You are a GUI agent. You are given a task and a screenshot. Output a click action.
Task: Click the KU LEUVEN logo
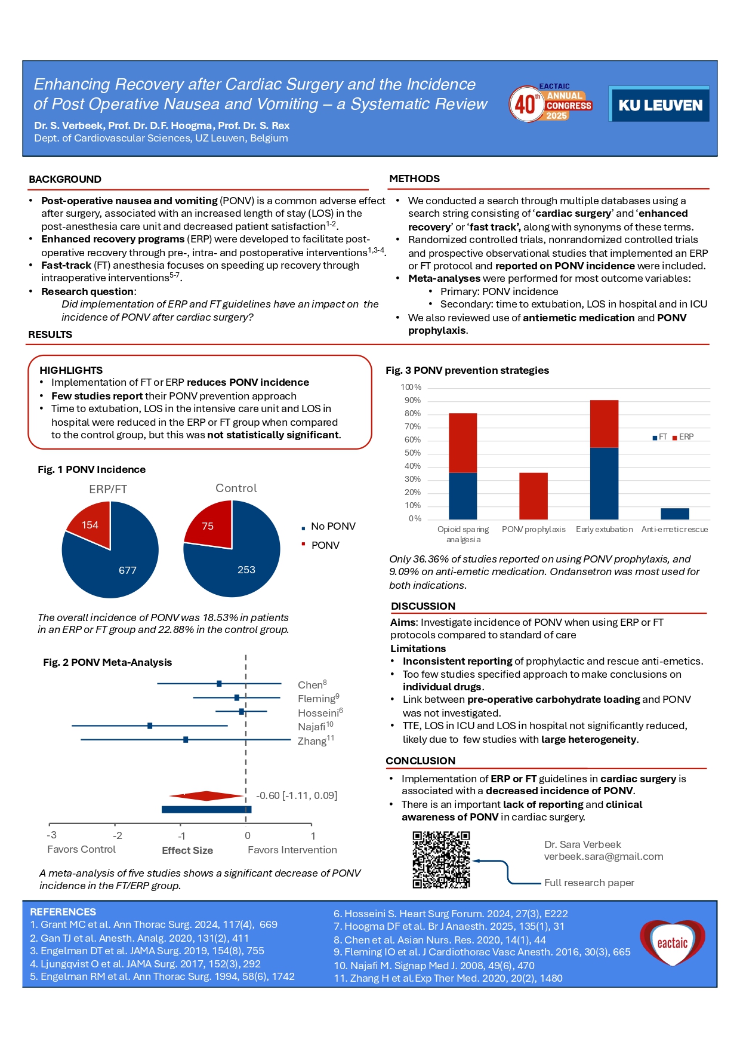click(659, 105)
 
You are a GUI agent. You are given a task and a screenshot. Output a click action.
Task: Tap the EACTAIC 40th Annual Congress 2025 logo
click(550, 103)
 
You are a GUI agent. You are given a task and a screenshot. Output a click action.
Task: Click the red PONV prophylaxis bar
click(534, 496)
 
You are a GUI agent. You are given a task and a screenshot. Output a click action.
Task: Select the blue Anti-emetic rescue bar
click(674, 514)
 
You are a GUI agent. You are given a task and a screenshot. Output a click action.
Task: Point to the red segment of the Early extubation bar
click(604, 423)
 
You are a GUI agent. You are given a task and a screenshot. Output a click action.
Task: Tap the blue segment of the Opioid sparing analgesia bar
click(462, 496)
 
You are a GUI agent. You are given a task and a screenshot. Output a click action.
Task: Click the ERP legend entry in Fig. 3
click(683, 437)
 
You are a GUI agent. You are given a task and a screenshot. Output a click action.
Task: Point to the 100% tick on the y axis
click(411, 388)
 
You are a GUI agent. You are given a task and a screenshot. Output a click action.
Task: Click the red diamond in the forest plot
click(206, 795)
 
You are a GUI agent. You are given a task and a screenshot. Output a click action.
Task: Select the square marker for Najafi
click(150, 726)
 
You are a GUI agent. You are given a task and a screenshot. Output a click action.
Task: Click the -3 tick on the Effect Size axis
click(52, 835)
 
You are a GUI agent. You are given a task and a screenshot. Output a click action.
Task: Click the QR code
click(441, 860)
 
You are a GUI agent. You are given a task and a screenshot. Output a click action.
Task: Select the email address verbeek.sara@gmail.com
click(603, 856)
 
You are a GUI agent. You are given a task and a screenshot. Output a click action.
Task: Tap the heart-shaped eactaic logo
click(672, 943)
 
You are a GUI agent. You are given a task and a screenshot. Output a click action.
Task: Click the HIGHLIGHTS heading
click(71, 370)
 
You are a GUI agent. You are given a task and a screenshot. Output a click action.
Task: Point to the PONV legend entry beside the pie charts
click(324, 545)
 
